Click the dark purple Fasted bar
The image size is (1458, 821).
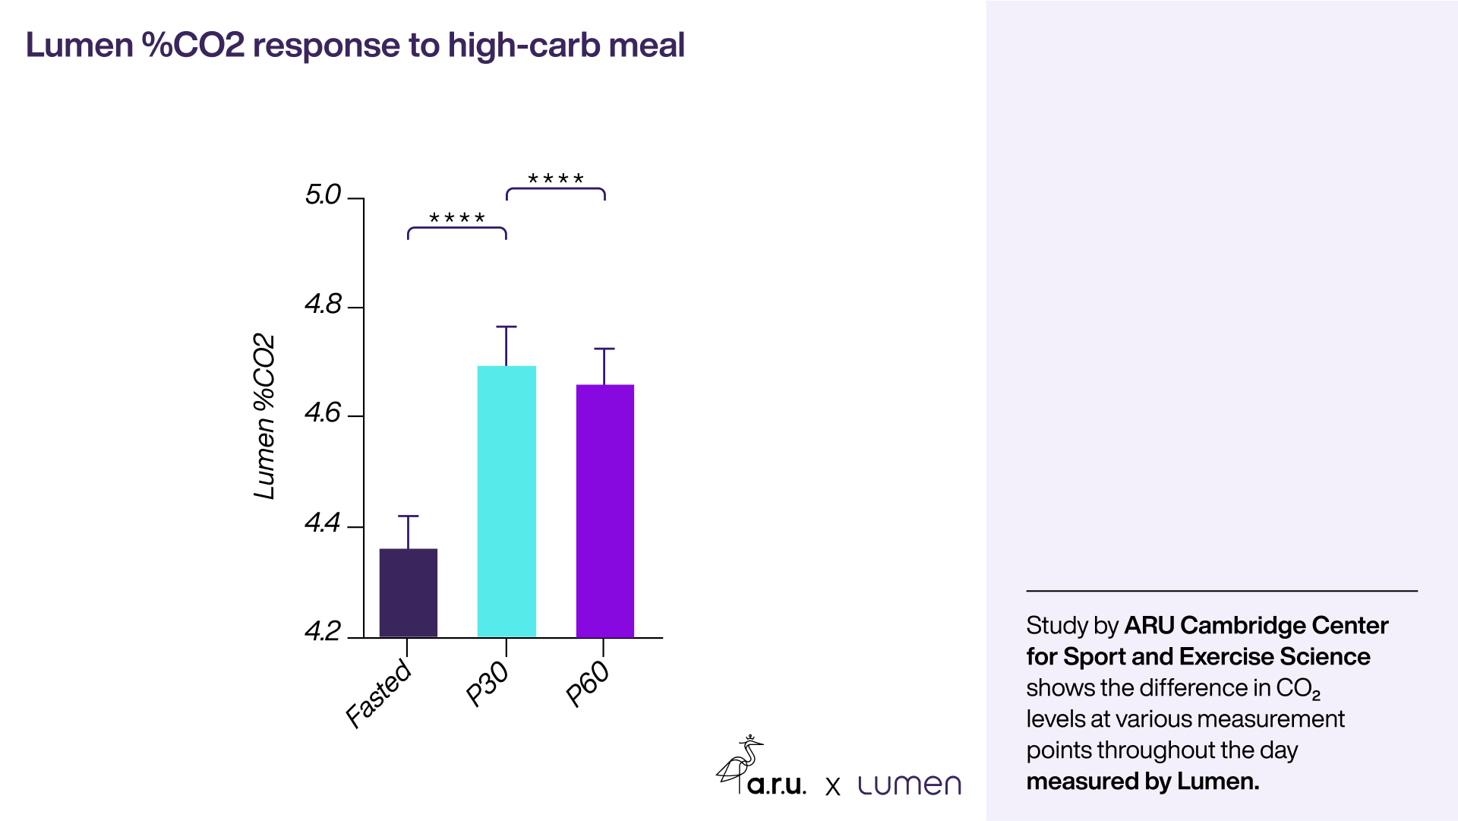point(408,592)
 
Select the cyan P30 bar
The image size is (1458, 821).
point(507,501)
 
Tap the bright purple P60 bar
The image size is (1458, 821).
point(604,510)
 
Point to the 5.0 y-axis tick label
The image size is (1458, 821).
point(323,195)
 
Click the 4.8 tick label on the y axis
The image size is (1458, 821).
point(323,305)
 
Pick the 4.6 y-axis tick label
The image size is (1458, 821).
point(323,413)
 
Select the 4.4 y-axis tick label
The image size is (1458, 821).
point(323,523)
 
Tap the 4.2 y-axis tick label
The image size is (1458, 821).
point(323,632)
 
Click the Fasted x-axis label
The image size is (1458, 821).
point(379,694)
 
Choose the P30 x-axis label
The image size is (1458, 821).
point(488,684)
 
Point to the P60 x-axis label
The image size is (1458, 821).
point(588,684)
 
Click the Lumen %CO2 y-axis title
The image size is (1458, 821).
point(264,416)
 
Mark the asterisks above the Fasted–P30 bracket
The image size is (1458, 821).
point(456,219)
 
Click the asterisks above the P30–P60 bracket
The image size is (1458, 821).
point(555,179)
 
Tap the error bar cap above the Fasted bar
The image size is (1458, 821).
point(408,516)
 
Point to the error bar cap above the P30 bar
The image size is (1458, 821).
point(507,327)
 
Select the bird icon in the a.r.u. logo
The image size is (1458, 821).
point(739,763)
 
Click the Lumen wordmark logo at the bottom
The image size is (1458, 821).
point(909,785)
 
